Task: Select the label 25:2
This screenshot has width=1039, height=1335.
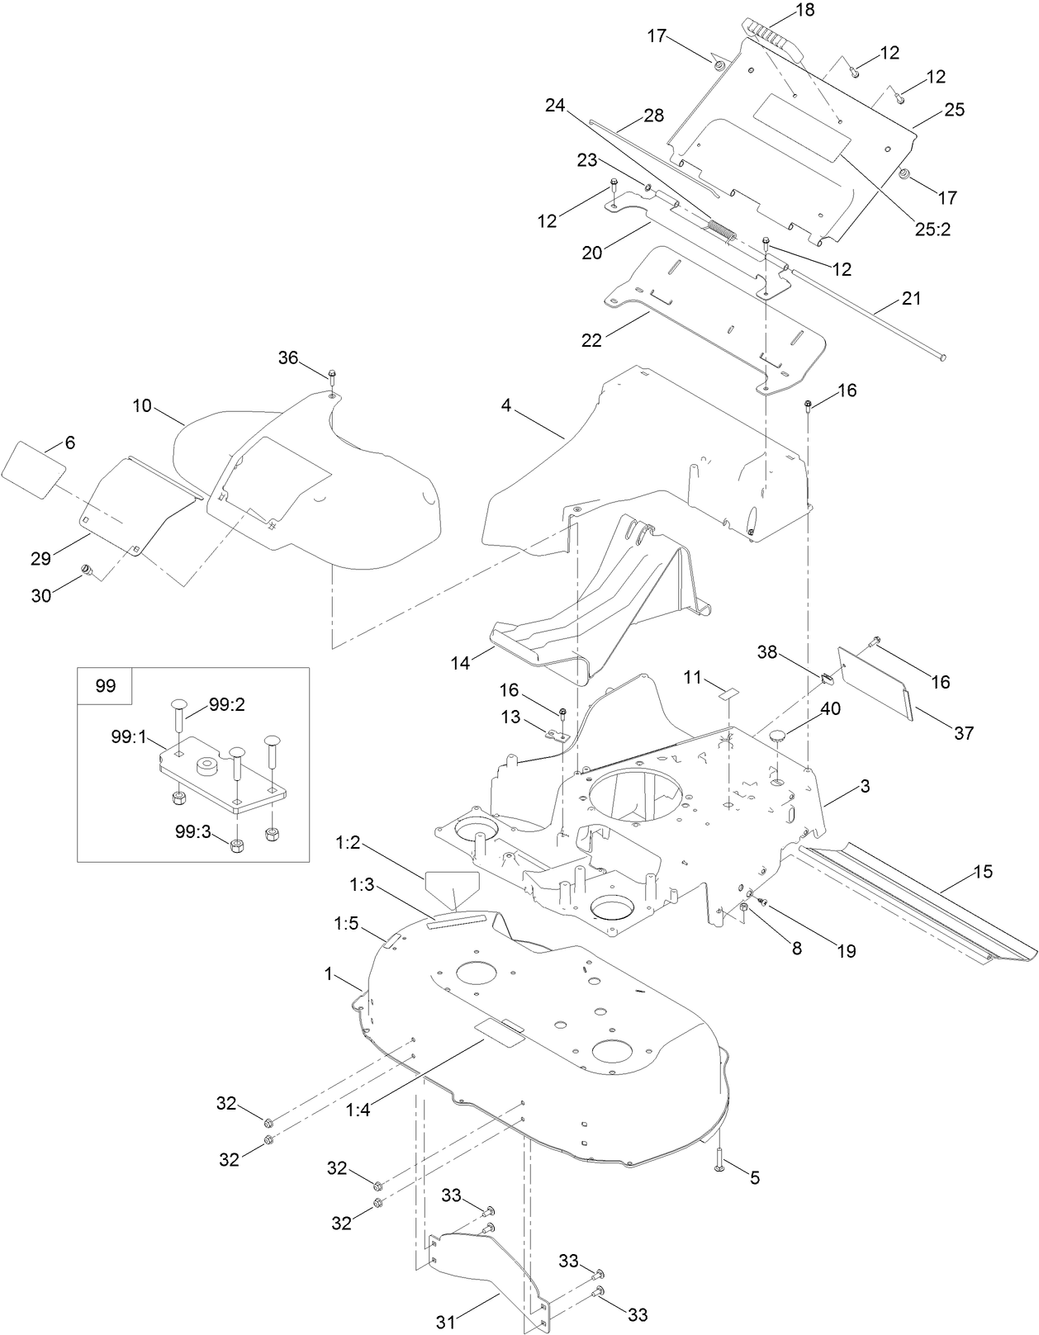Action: pos(932,230)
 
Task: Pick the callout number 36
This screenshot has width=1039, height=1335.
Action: pos(287,357)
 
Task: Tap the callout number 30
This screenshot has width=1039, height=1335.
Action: pos(40,595)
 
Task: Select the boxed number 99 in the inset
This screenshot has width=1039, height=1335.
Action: pos(106,686)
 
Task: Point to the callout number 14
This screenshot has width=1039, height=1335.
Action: pos(461,661)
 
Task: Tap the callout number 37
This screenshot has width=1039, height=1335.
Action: pos(963,732)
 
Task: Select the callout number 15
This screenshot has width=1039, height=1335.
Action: pos(983,872)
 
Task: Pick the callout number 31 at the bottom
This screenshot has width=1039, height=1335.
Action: pos(446,1322)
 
